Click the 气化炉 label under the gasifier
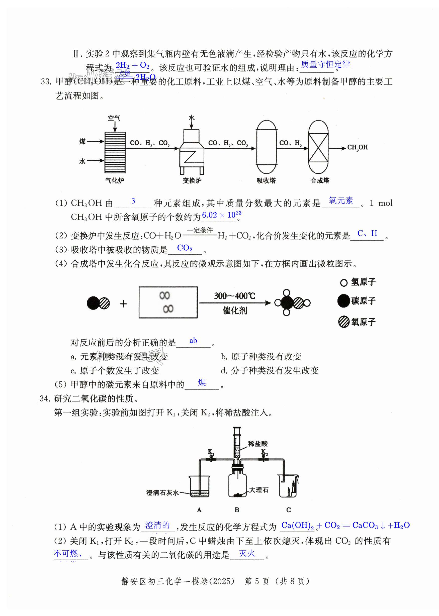point(115,180)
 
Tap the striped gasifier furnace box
point(115,152)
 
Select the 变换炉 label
point(192,180)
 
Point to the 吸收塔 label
point(266,180)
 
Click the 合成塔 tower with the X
point(318,148)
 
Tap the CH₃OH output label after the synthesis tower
point(357,148)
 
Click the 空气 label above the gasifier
point(114,118)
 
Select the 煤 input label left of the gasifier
point(82,141)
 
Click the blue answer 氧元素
point(341,200)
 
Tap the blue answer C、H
point(367,233)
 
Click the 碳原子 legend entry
point(363,301)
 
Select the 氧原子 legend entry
point(363,322)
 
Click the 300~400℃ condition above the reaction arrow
point(234,296)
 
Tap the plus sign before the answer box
point(124,304)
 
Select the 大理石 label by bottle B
point(259,490)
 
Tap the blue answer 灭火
point(247,554)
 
